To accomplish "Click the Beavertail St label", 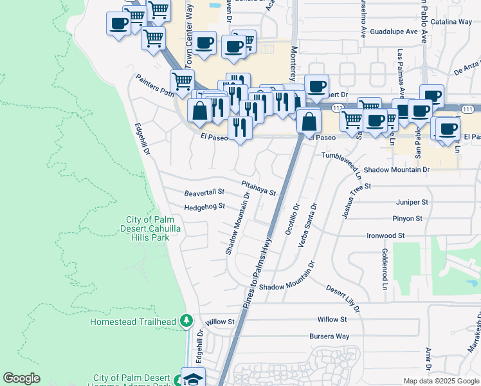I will click(x=204, y=192).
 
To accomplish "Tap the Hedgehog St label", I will click(x=204, y=207).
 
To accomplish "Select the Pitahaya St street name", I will click(x=259, y=188).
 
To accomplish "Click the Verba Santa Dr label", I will click(x=308, y=225).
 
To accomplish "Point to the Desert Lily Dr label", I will click(x=343, y=299).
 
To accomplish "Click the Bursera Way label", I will click(x=329, y=336).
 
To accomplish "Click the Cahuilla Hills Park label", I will click(x=153, y=228).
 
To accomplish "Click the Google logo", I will click(x=22, y=378).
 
